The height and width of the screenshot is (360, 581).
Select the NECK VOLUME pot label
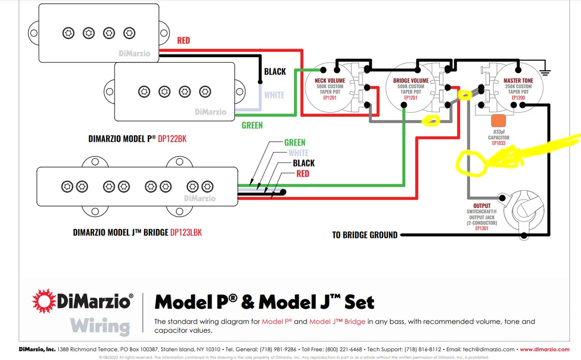pyautogui.click(x=330, y=81)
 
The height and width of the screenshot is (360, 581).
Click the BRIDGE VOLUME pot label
pyautogui.click(x=411, y=81)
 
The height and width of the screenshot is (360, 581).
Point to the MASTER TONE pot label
pyautogui.click(x=518, y=81)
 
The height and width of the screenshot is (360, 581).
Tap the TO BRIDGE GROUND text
pyautogui.click(x=364, y=235)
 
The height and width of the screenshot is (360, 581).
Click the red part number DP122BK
pyautogui.click(x=172, y=139)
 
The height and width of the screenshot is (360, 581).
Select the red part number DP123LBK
pyautogui.click(x=186, y=232)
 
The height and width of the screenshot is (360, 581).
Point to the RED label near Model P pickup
pyautogui.click(x=183, y=40)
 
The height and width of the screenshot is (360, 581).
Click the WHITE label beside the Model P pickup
pyautogui.click(x=274, y=95)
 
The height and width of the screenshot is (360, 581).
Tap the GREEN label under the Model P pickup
pyautogui.click(x=252, y=125)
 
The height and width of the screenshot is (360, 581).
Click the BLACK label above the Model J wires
pyautogui.click(x=304, y=163)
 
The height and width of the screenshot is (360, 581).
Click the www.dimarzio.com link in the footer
pyautogui.click(x=544, y=350)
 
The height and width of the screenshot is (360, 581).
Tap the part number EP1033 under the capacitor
pyautogui.click(x=498, y=143)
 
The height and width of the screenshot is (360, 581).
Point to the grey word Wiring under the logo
pyautogui.click(x=100, y=326)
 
